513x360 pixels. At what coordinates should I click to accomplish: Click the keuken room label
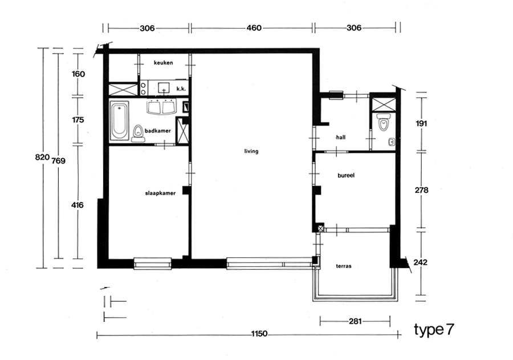pyautogui.click(x=163, y=63)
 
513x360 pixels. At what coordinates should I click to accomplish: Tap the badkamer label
pyautogui.click(x=158, y=131)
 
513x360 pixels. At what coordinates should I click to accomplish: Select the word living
pyautogui.click(x=251, y=151)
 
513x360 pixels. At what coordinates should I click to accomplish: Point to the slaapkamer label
pyautogui.click(x=160, y=193)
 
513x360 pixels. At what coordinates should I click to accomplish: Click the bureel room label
pyautogui.click(x=346, y=175)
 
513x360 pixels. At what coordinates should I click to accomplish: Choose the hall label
pyautogui.click(x=341, y=137)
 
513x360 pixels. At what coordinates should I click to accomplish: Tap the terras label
pyautogui.click(x=344, y=266)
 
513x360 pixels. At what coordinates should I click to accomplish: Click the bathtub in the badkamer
pyautogui.click(x=120, y=121)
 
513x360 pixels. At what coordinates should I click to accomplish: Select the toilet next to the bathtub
pyautogui.click(x=139, y=134)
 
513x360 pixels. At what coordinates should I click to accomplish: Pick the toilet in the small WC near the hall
pyautogui.click(x=383, y=122)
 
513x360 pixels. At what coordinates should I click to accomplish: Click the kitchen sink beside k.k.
pyautogui.click(x=164, y=88)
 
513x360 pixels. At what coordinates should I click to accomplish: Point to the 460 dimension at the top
pyautogui.click(x=254, y=28)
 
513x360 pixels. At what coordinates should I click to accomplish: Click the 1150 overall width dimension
pyautogui.click(x=259, y=334)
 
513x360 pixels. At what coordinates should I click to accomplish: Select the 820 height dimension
pyautogui.click(x=42, y=157)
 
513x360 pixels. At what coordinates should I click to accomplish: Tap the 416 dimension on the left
pyautogui.click(x=78, y=205)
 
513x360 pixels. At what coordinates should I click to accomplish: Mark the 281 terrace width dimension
pyautogui.click(x=355, y=321)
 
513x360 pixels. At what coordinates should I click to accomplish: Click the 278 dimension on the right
pyautogui.click(x=421, y=190)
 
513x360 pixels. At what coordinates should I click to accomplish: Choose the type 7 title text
pyautogui.click(x=434, y=330)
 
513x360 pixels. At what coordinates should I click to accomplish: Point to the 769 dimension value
pyautogui.click(x=59, y=161)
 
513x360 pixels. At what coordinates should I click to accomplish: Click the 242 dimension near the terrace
pyautogui.click(x=420, y=262)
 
